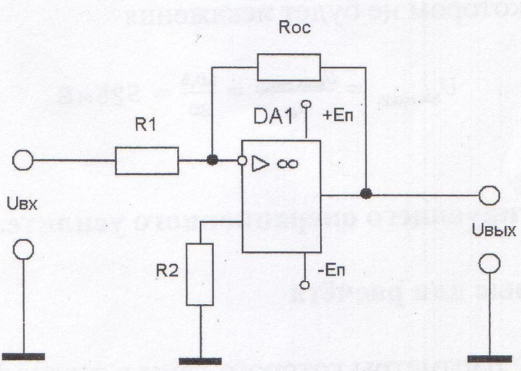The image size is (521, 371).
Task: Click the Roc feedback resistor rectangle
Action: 289,67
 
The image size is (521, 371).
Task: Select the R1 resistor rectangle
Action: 147,161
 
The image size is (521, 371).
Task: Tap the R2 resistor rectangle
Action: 200,274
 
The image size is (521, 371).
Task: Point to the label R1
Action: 147,127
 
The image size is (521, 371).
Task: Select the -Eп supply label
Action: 333,271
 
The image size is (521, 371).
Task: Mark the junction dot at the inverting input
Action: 212,161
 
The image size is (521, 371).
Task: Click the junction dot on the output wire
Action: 366,194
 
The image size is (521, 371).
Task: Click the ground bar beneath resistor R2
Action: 201,360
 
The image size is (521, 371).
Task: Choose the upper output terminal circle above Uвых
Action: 490,195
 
